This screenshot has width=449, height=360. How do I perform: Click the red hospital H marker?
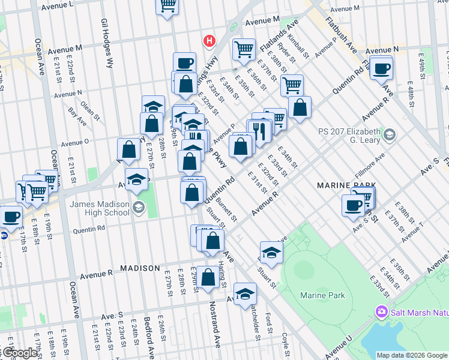point(209,41)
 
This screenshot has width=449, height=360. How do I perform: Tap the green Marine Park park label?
point(322,295)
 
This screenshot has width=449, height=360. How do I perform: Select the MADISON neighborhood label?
point(139,268)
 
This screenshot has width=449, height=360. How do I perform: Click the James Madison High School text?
point(100,208)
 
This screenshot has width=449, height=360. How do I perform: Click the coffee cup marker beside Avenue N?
point(381,68)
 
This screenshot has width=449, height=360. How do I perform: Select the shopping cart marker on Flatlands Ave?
point(244,49)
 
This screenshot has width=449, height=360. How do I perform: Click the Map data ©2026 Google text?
point(412,355)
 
